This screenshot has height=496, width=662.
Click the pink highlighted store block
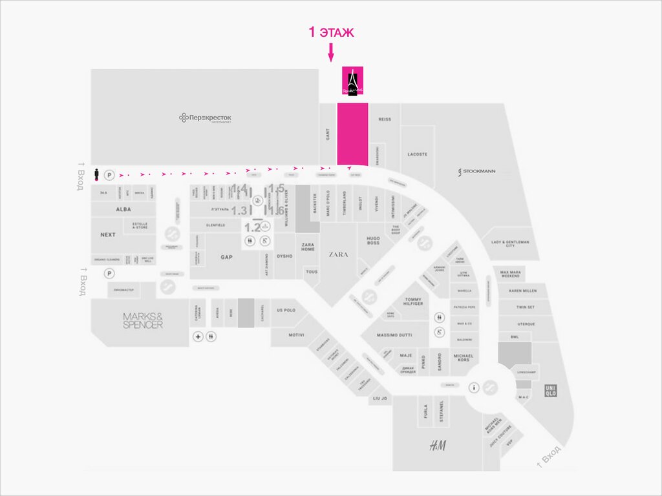click(352, 134)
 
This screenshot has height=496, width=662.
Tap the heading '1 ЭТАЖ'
click(330, 32)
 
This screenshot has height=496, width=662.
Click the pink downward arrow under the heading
click(330, 52)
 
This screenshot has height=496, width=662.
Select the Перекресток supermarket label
click(206, 118)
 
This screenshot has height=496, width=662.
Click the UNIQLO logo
click(551, 389)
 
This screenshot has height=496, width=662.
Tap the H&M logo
click(438, 446)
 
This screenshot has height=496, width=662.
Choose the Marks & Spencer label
click(143, 320)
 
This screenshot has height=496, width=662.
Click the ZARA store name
click(338, 254)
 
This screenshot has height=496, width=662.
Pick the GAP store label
click(226, 257)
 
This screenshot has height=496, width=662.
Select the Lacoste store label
click(418, 154)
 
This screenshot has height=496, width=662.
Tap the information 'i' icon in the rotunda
click(475, 387)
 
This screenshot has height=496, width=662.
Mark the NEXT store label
click(108, 235)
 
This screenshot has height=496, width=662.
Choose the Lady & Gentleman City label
click(510, 243)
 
